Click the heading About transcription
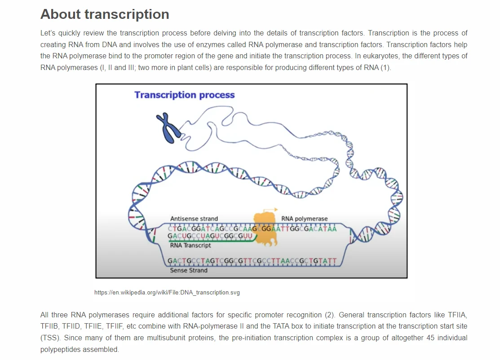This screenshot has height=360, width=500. coord(105,14)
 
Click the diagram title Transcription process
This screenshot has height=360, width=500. coord(184,95)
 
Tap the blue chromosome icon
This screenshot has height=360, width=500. coord(168,128)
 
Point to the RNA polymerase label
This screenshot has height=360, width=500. coord(304,219)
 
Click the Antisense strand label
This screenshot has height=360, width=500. coord(194,219)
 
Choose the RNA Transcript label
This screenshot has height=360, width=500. coord(190,246)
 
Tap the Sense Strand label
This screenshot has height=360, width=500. coord(188,270)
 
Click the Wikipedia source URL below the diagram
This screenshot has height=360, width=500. coord(167,292)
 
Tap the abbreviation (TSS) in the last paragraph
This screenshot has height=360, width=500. coord(49,338)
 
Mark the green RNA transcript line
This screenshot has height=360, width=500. coord(211,241)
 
